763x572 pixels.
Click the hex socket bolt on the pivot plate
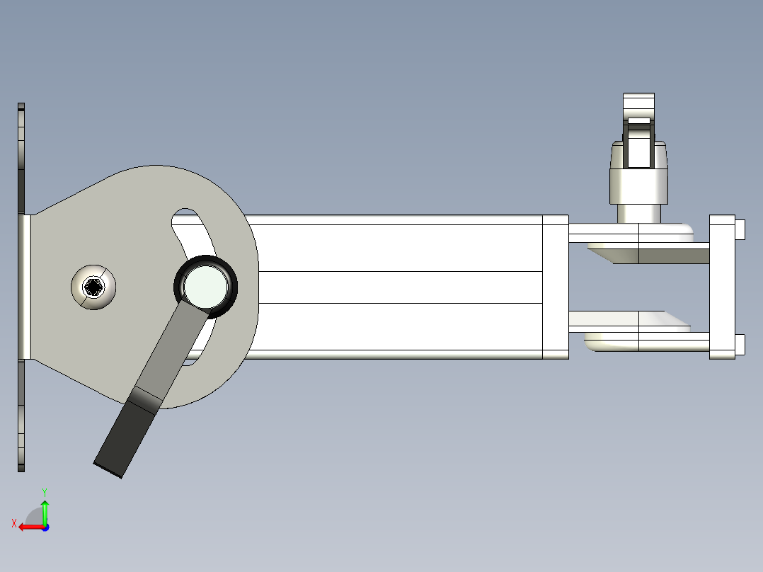click(93, 287)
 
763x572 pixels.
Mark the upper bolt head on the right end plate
click(740, 229)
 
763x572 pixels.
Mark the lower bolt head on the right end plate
click(740, 344)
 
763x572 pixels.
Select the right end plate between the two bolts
click(722, 287)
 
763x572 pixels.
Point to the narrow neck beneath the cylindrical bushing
click(639, 212)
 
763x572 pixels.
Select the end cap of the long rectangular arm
click(555, 287)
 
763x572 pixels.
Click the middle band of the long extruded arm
click(396, 287)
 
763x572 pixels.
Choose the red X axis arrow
click(28, 527)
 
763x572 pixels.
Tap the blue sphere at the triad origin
click(45, 527)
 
